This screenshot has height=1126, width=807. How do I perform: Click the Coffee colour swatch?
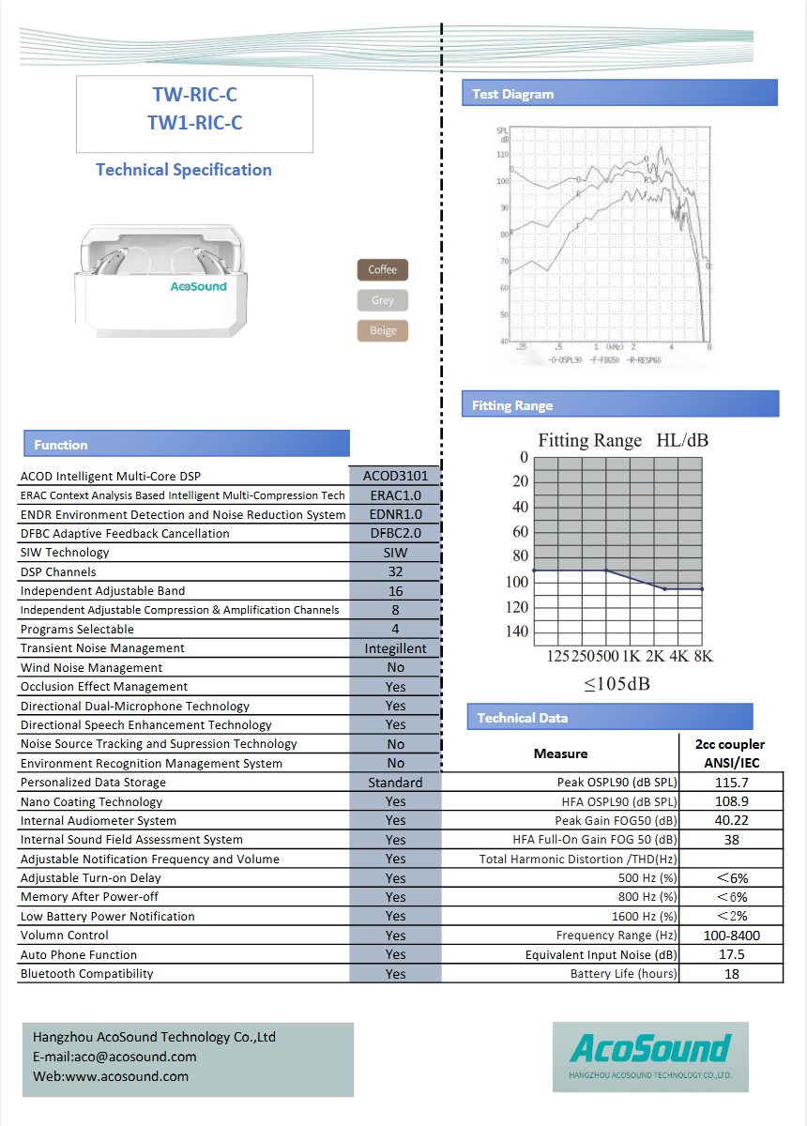tap(383, 270)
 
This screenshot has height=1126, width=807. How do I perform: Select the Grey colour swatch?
tap(383, 300)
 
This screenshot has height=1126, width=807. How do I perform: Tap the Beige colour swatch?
tap(383, 330)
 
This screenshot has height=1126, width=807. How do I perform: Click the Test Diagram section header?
tap(619, 93)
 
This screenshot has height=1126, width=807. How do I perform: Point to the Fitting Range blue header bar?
tap(619, 404)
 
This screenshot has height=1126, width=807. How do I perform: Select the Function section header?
tap(185, 444)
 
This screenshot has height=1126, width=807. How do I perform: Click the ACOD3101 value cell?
tap(395, 476)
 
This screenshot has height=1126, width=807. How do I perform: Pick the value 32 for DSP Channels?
tap(395, 571)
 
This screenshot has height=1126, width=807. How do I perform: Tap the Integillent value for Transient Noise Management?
tap(395, 648)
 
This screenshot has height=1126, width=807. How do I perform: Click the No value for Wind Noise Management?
tap(395, 667)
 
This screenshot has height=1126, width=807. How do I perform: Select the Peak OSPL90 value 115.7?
tap(731, 783)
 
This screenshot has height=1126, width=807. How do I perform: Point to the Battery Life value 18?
tap(731, 974)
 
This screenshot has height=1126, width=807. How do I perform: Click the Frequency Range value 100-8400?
tap(731, 936)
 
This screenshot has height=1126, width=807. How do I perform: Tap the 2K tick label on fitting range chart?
tap(654, 656)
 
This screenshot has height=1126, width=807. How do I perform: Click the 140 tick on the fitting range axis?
tap(517, 631)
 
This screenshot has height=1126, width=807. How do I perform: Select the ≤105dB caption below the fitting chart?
tap(617, 684)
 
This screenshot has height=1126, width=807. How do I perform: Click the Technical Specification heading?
tap(184, 170)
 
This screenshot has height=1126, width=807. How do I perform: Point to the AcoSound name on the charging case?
tap(198, 285)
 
